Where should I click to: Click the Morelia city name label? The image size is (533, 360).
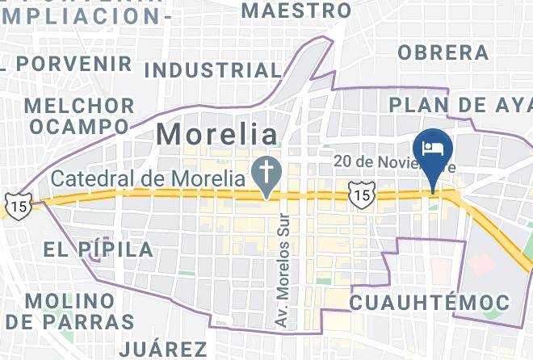pos(216,134)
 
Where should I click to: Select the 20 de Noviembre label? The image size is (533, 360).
pos(396,162)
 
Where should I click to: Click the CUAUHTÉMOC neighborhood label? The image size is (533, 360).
pos(429,303)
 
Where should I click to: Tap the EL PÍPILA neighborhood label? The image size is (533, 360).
pos(99,249)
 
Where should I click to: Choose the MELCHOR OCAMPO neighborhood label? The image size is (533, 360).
pos(79,116)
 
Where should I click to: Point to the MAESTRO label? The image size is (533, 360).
pos(296,10)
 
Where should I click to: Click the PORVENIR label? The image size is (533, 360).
pos(73,63)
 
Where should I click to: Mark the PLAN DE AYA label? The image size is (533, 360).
pos(460,105)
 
